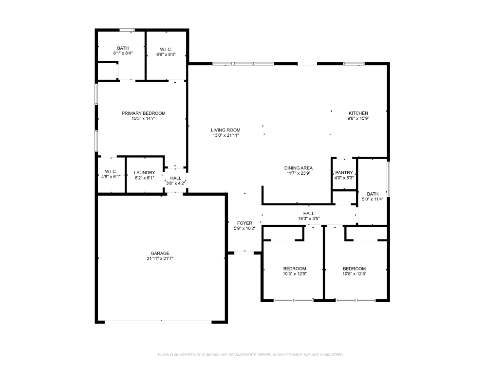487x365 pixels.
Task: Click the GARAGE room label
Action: (160, 253)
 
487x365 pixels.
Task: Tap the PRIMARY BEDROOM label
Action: (143, 113)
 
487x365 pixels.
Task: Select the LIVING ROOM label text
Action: (225, 130)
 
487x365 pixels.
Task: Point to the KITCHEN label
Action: (358, 113)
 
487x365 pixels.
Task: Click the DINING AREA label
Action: (299, 168)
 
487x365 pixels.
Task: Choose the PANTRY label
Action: (344, 173)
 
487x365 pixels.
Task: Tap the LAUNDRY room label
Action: (145, 173)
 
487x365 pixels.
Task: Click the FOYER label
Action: (244, 223)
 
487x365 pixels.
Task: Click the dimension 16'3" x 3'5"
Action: (309, 219)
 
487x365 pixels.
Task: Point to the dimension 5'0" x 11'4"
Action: (373, 199)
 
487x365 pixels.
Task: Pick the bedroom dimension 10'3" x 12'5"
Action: (295, 274)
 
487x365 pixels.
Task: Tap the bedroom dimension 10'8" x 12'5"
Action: (354, 274)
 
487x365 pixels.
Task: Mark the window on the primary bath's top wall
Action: (128, 30)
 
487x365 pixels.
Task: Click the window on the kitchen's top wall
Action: (354, 64)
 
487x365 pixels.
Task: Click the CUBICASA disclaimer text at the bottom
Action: (250, 355)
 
